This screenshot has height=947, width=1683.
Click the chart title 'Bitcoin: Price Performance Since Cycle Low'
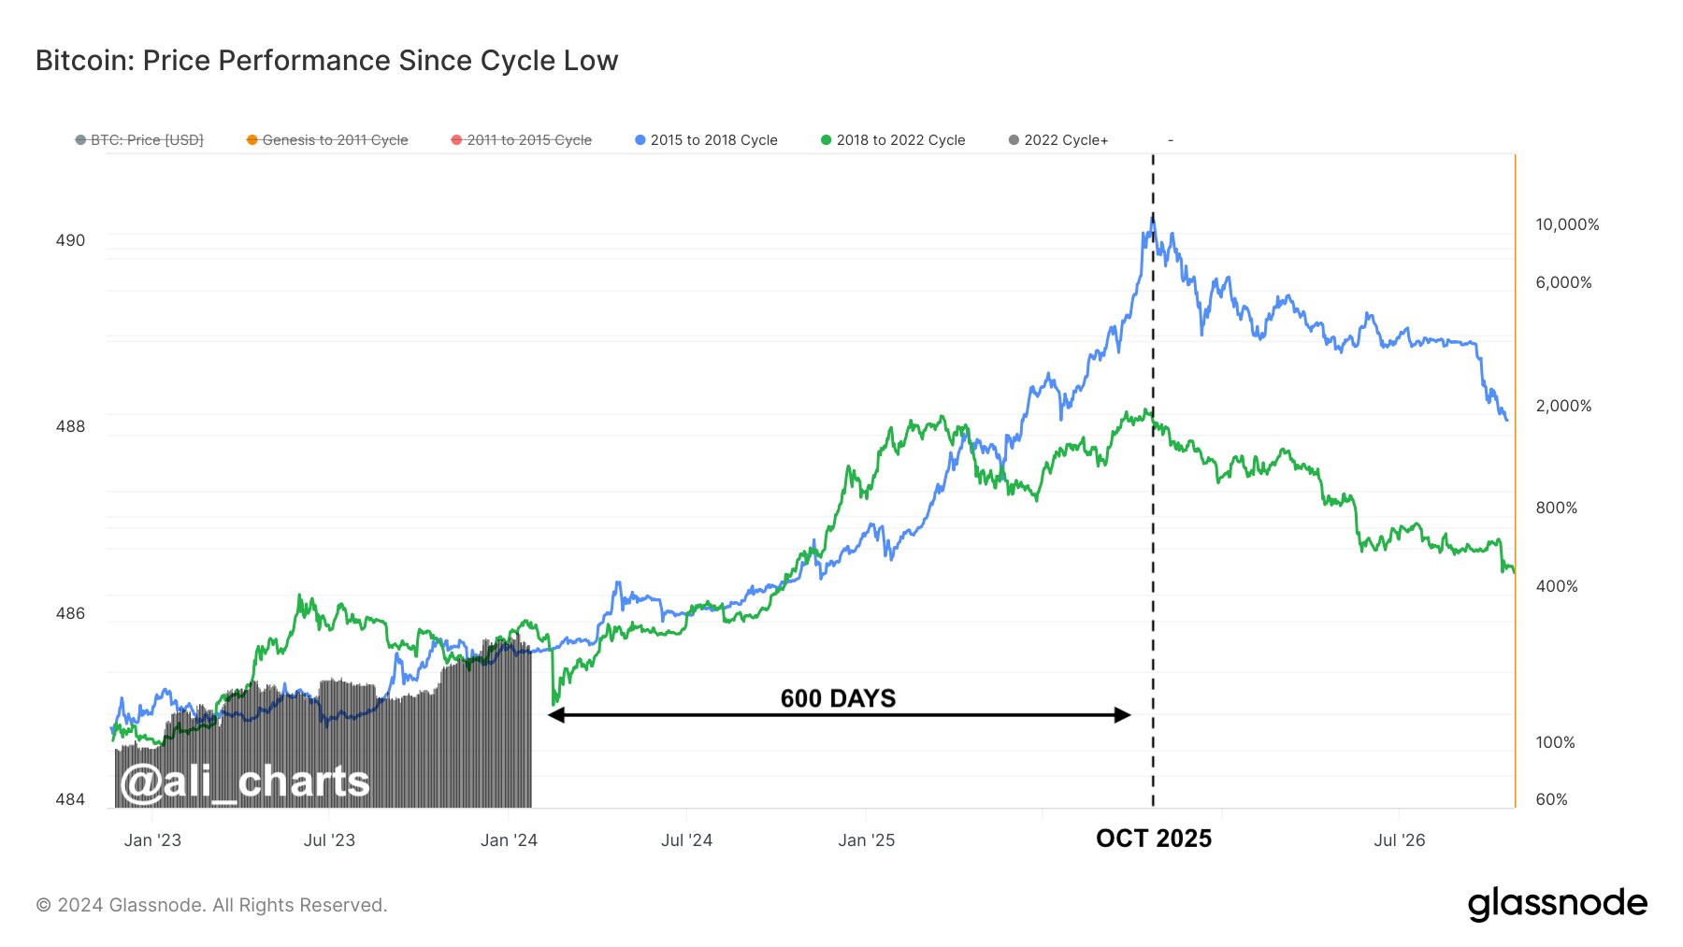click(326, 61)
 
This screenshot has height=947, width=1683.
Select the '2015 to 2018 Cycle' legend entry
click(713, 140)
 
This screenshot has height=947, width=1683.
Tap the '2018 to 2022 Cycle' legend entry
click(900, 140)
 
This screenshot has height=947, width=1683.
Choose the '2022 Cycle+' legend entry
click(1065, 140)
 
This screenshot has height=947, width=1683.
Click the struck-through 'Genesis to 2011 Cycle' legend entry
click(335, 140)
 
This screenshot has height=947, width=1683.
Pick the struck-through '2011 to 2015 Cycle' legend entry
click(529, 140)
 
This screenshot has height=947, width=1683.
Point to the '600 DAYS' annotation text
click(838, 698)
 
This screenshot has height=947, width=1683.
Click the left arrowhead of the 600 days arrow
click(555, 715)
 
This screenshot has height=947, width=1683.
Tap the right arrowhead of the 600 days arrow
click(1123, 715)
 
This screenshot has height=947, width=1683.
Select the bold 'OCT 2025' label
click(1154, 839)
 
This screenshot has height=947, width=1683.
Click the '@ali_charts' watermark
click(245, 782)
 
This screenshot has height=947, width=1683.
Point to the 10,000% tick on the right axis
click(1567, 224)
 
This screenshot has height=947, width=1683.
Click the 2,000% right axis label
click(1563, 406)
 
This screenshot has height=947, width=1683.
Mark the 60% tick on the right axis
click(1551, 799)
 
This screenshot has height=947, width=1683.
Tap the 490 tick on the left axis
click(70, 240)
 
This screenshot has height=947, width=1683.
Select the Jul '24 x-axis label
click(686, 840)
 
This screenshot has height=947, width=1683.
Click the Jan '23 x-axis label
click(152, 840)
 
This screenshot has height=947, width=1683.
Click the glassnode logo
click(1557, 904)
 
